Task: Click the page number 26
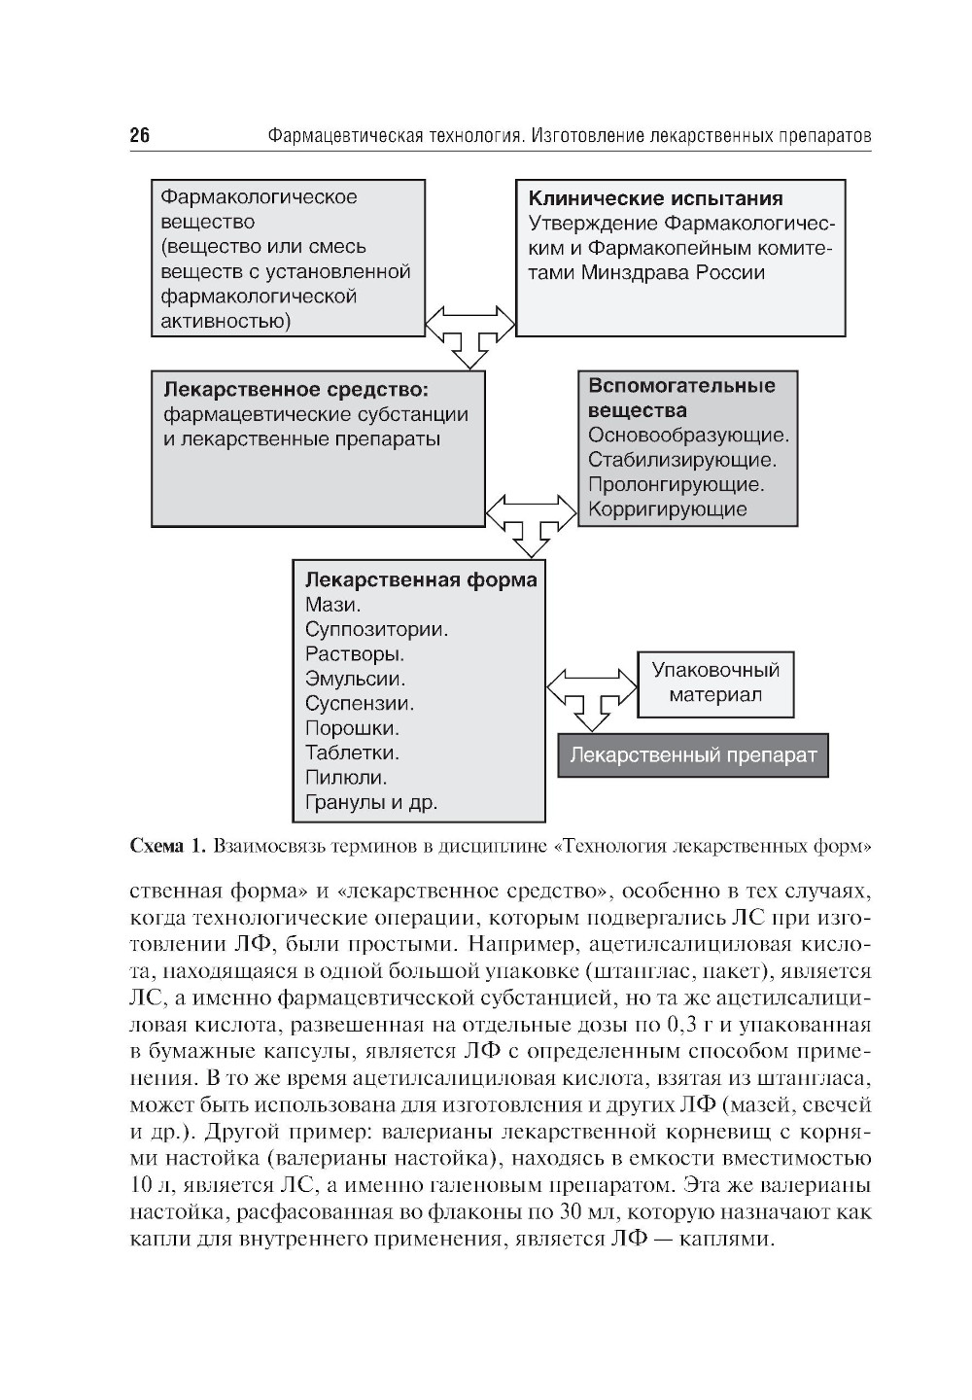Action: [x=140, y=135]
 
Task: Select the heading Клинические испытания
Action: [x=655, y=198]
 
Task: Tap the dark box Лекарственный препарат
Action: [x=693, y=755]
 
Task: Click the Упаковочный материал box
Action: [x=715, y=683]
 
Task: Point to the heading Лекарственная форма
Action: [x=421, y=580]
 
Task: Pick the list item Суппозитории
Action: [x=376, y=629]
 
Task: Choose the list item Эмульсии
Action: [x=355, y=679]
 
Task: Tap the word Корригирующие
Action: [x=668, y=508]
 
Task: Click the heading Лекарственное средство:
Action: [x=295, y=390]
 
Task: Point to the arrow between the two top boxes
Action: [x=470, y=332]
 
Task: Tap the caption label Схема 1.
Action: [x=167, y=846]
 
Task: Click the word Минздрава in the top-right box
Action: [x=637, y=273]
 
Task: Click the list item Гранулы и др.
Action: [x=371, y=803]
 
